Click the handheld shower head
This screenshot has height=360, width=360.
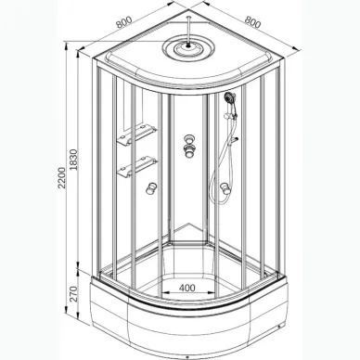(228, 96)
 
